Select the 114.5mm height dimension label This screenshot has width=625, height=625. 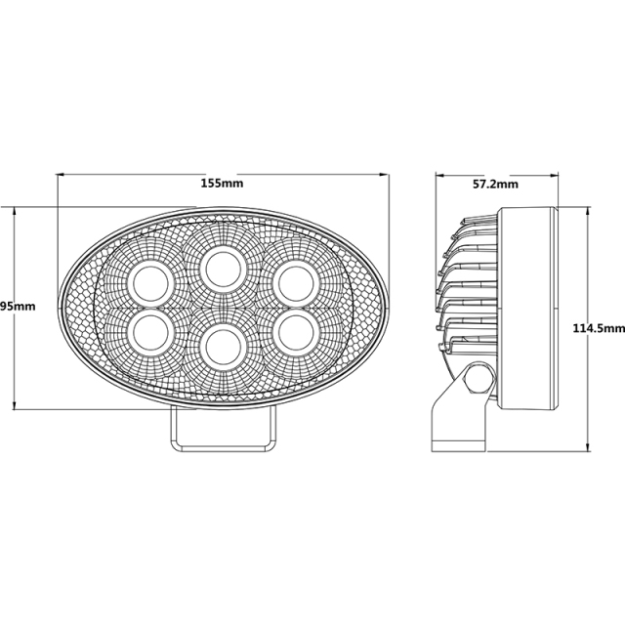click(x=597, y=329)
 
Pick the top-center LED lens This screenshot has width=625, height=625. click(x=222, y=266)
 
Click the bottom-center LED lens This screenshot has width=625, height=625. click(x=222, y=344)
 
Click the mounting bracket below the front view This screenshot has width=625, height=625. click(x=222, y=430)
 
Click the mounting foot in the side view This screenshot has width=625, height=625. click(x=456, y=420)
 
